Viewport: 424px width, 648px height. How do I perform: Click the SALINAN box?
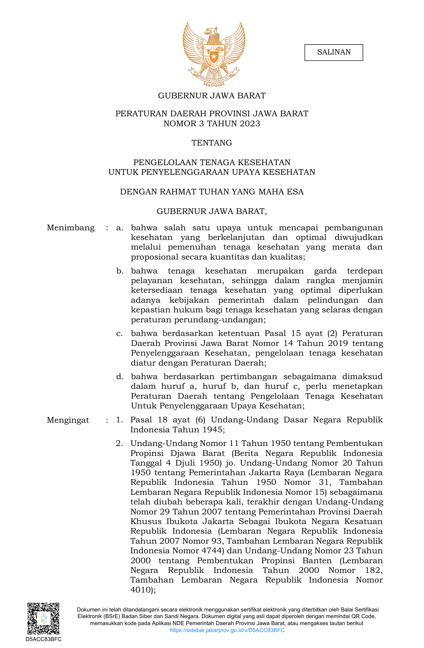tap(334, 52)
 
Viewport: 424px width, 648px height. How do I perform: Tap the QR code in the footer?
tap(43, 618)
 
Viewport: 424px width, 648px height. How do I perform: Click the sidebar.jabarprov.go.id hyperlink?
tap(227, 630)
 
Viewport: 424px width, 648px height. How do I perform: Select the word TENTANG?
tap(212, 143)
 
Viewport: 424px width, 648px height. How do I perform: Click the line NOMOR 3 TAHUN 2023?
tap(212, 124)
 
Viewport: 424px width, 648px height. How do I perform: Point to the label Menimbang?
tap(71, 228)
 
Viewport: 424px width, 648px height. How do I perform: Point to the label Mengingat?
tap(68, 420)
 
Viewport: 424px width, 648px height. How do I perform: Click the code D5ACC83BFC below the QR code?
tap(44, 639)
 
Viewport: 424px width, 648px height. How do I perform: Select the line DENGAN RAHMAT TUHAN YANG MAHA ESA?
tap(212, 192)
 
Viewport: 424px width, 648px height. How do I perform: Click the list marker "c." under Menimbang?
tap(120, 334)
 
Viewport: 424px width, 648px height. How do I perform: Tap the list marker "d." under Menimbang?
tap(120, 377)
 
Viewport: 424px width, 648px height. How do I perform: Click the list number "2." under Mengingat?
tap(119, 444)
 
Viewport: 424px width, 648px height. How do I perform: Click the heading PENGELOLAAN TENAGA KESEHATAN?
tap(212, 162)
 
